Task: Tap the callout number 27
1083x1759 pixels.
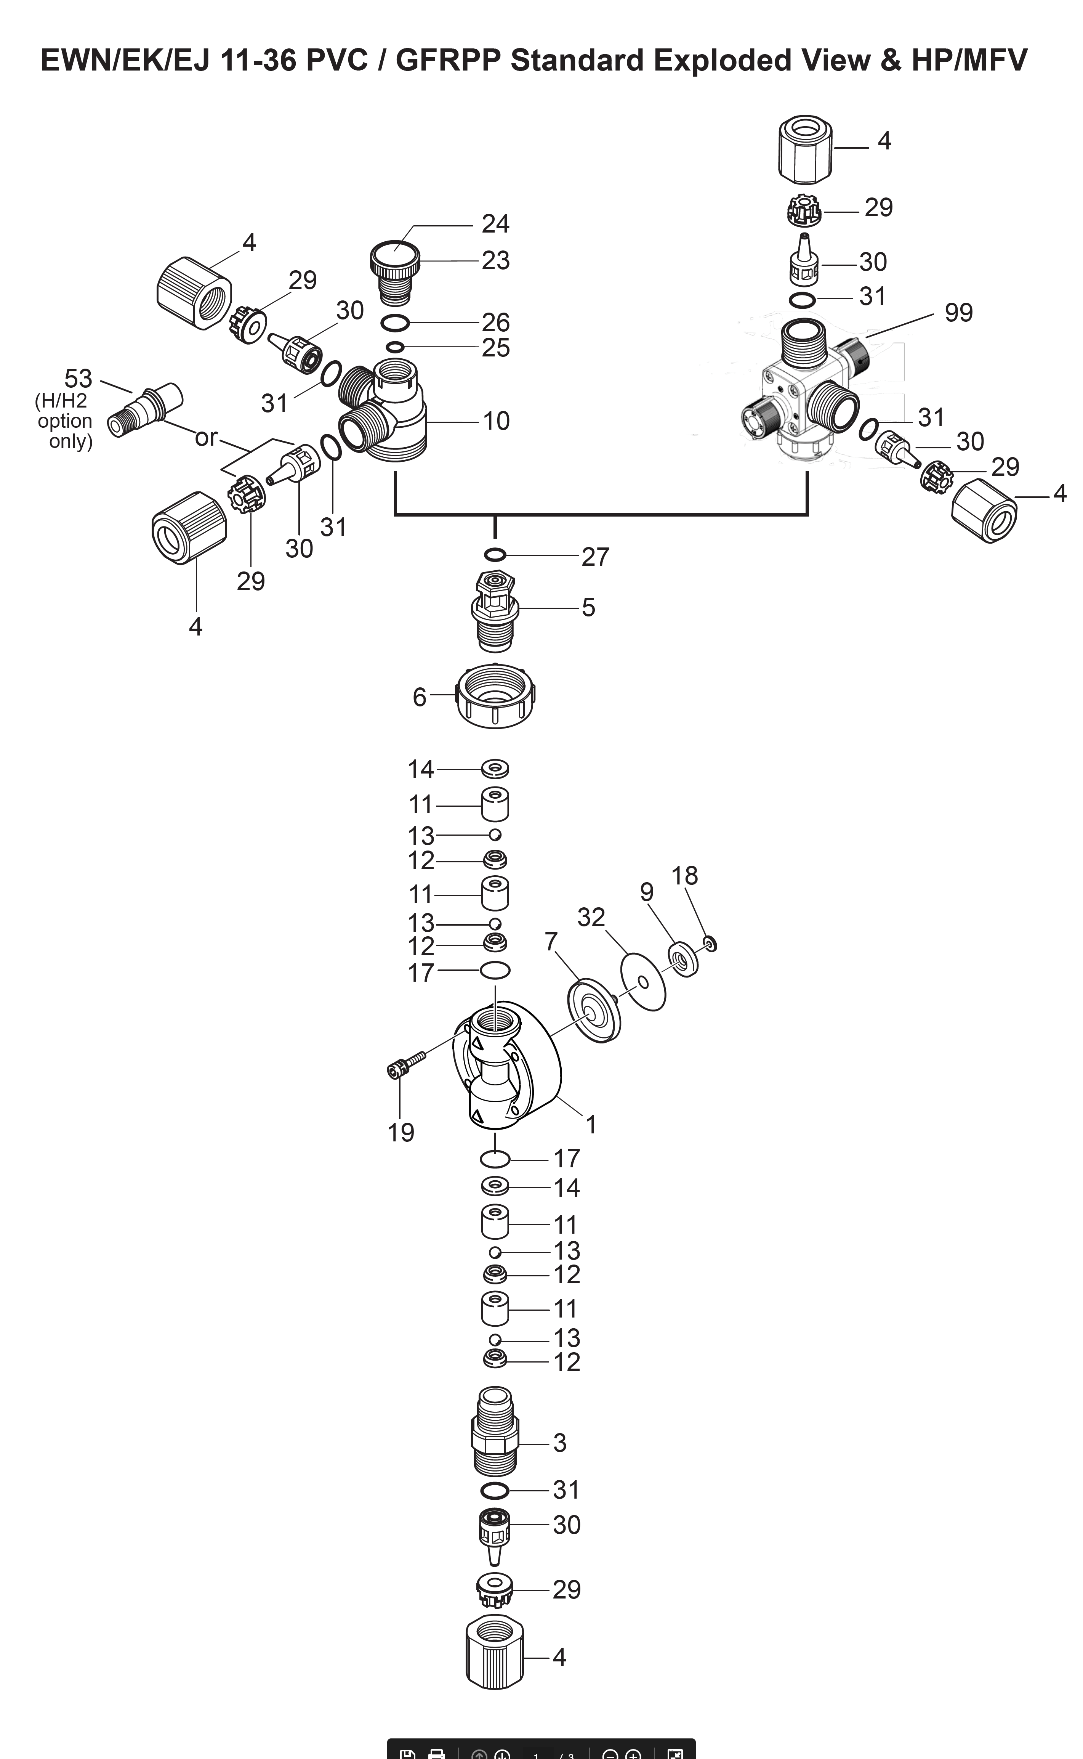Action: point(594,557)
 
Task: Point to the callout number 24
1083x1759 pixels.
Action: point(495,224)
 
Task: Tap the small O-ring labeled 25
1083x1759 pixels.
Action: point(395,348)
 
